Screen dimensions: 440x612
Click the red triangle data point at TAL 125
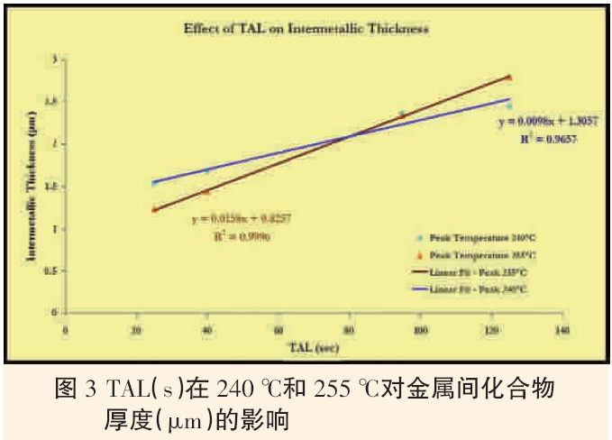pyautogui.click(x=509, y=78)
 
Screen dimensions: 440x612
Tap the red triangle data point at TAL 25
pyautogui.click(x=154, y=209)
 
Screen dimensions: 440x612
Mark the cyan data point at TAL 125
pyautogui.click(x=509, y=105)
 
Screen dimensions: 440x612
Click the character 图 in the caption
pyautogui.click(x=65, y=390)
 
